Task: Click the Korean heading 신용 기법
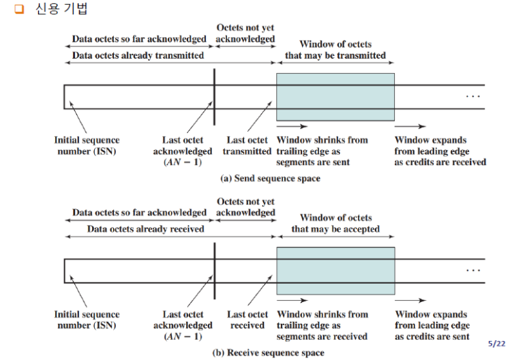coord(61,10)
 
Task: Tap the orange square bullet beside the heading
coord(20,10)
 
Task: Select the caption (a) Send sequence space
coord(270,179)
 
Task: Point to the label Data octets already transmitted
coord(138,55)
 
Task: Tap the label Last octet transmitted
coord(247,145)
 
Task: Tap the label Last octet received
coord(247,320)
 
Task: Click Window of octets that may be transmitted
coord(335,50)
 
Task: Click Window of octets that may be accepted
coord(335,224)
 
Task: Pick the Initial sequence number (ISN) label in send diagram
coord(86,145)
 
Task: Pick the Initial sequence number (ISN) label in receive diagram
coord(86,320)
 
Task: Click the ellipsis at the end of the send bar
coord(473,97)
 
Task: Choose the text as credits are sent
coord(432,336)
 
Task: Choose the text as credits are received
coord(440,162)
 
